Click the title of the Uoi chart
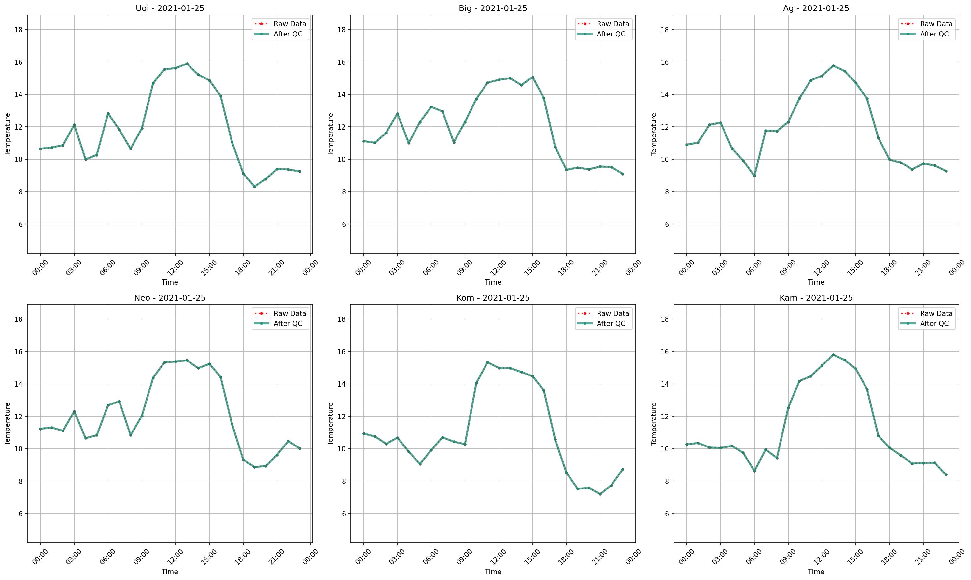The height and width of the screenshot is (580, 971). point(170,8)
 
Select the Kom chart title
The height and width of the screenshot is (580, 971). point(493,298)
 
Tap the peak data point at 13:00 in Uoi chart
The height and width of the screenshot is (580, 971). point(187,63)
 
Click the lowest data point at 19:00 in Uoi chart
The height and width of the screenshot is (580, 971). point(254,186)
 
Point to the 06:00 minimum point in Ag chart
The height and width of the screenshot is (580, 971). point(754,176)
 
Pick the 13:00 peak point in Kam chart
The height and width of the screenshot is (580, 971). point(833,355)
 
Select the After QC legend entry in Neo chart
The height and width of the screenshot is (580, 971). point(288,324)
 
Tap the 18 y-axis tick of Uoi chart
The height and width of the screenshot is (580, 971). point(20,30)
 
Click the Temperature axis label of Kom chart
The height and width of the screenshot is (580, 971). point(331,423)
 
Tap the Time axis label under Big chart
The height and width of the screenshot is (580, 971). point(493,282)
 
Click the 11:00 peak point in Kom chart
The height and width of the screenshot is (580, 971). point(487,362)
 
